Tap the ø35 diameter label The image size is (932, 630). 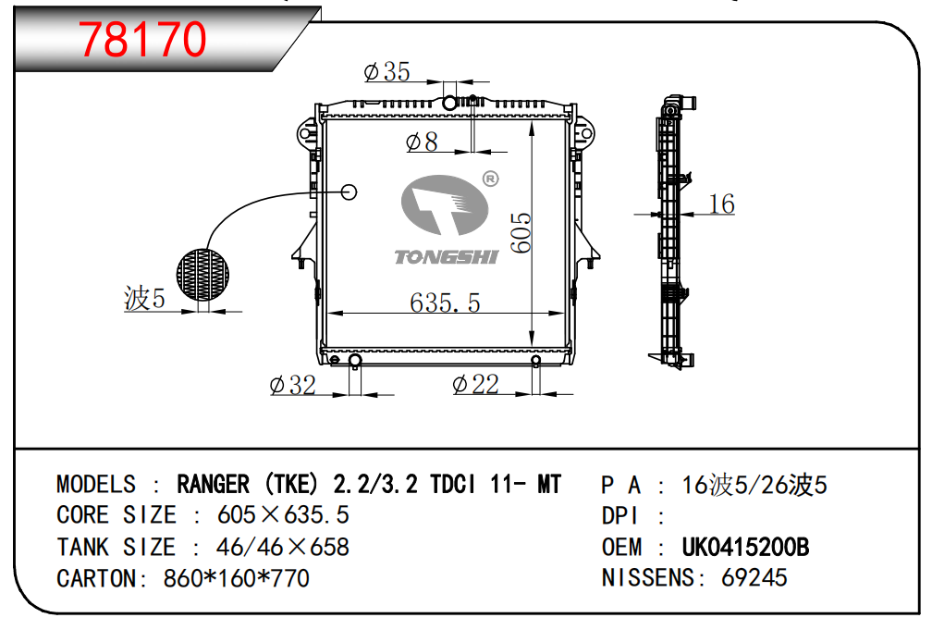386,71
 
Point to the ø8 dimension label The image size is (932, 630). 422,142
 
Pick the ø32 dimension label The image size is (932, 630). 292,385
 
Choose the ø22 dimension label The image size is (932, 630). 475,384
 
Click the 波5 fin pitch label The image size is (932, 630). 143,298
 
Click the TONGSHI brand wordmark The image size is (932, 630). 446,256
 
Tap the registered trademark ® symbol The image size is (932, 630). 491,178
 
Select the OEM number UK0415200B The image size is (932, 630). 745,547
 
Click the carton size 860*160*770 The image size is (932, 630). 236,579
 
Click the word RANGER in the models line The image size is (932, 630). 213,484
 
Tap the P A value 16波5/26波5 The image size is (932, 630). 754,484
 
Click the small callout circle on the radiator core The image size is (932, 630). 349,191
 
